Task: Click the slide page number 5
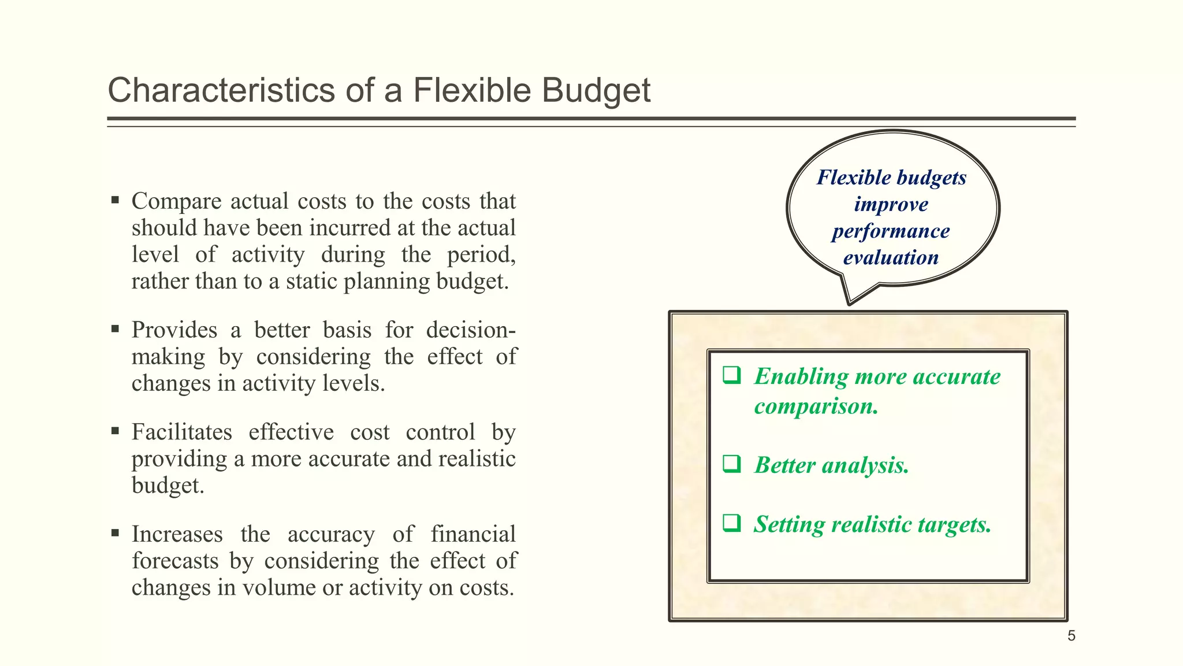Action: coord(1072,636)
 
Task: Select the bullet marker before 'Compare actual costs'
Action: coord(116,201)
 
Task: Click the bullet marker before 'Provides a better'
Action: coord(116,330)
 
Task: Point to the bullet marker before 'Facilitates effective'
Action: coord(116,431)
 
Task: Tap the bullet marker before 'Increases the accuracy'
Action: coord(116,533)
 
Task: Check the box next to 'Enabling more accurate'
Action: coord(732,375)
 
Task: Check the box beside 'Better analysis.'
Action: coord(732,464)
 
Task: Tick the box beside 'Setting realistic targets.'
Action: coord(732,523)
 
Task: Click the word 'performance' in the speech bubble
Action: coord(891,231)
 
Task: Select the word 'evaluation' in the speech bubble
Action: coord(891,258)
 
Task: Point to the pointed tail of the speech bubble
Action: coord(849,302)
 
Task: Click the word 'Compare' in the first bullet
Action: coord(176,201)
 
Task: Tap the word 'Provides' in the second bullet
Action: coord(174,330)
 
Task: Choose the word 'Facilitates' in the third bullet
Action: coord(182,432)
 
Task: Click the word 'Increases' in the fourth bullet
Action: coord(177,534)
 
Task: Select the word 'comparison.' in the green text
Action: coord(816,406)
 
